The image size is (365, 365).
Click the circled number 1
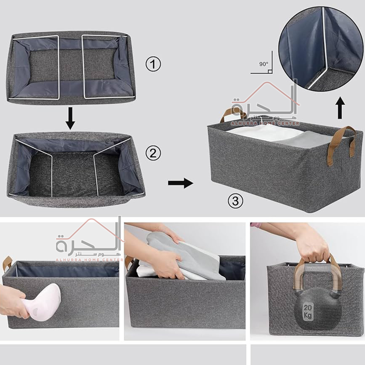pyautogui.click(x=153, y=64)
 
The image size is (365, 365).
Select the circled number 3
pyautogui.click(x=235, y=201)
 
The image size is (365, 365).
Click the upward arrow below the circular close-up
pyautogui.click(x=340, y=108)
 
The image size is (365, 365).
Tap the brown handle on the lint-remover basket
pyautogui.click(x=8, y=263)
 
